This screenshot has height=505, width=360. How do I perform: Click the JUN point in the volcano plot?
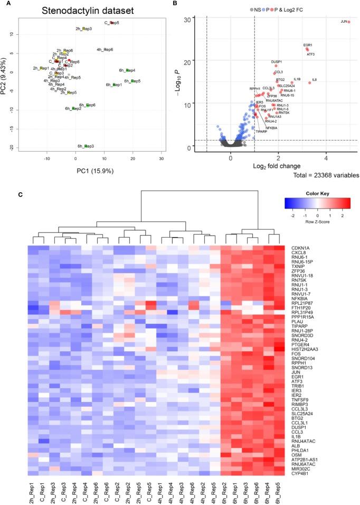349,22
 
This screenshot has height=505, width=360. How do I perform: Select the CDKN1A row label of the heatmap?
299,248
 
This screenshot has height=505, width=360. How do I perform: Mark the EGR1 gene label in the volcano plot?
308,45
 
